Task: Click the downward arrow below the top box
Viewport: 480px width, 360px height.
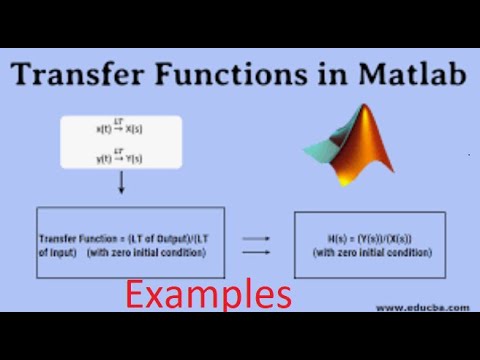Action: coord(122,184)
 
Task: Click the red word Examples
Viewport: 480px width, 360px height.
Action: coord(208,294)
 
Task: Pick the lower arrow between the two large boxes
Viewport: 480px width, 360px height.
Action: coord(259,253)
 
